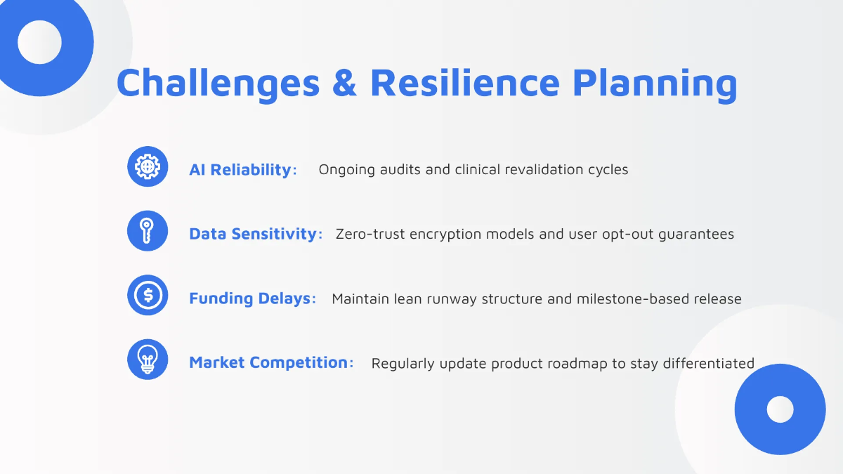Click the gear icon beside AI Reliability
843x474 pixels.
pyautogui.click(x=148, y=166)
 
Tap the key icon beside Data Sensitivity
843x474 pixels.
pyautogui.click(x=148, y=230)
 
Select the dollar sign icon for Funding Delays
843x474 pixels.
pyautogui.click(x=148, y=295)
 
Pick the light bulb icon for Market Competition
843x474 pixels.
pyautogui.click(x=148, y=360)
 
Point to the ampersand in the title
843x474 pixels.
pyautogui.click(x=344, y=83)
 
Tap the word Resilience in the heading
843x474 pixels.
pyautogui.click(x=465, y=82)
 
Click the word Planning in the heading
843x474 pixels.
pyautogui.click(x=655, y=85)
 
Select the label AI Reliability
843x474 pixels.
pyautogui.click(x=243, y=170)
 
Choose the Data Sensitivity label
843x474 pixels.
pyautogui.click(x=256, y=234)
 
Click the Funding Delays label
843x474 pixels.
pyautogui.click(x=252, y=298)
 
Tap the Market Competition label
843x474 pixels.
pyautogui.click(x=271, y=362)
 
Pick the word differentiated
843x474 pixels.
pyautogui.click(x=709, y=364)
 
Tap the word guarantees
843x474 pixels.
pyautogui.click(x=696, y=235)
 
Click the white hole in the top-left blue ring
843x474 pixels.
pyautogui.click(x=39, y=42)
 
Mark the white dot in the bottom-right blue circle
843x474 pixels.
pyautogui.click(x=780, y=409)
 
